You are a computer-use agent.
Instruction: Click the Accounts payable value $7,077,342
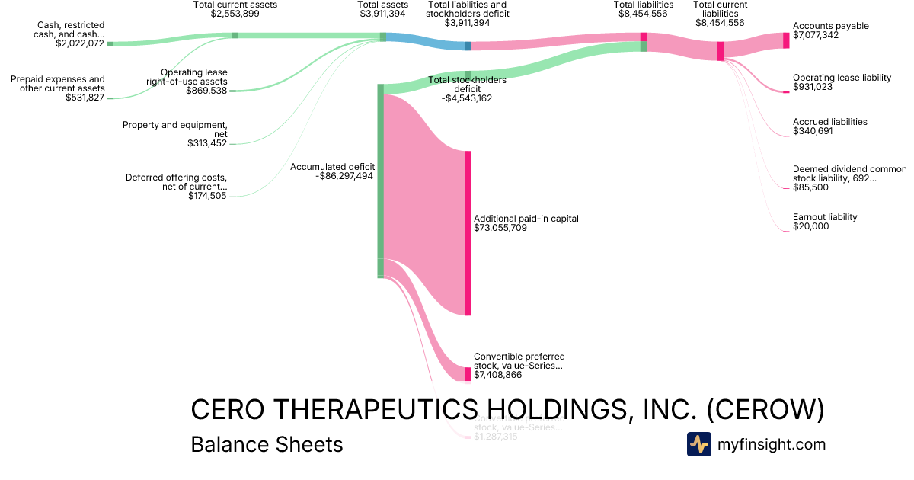[816, 35]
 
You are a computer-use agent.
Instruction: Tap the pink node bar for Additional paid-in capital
[468, 232]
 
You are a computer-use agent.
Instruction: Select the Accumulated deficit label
[332, 167]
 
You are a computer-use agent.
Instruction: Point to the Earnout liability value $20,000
[810, 226]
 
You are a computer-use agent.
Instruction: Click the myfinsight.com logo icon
[698, 444]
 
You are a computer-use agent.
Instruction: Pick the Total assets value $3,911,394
[383, 14]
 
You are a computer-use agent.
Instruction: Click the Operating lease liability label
[842, 78]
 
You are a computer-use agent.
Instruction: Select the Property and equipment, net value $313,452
[207, 143]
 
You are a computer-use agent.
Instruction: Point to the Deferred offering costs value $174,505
[207, 196]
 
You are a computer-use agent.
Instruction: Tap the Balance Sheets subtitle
[267, 444]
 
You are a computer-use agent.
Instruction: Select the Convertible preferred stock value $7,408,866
[497, 375]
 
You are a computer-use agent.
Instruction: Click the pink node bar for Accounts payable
[786, 40]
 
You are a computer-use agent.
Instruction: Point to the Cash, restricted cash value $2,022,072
[80, 43]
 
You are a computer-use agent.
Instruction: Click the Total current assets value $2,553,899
[235, 14]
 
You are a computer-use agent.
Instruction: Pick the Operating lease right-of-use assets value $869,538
[206, 91]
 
